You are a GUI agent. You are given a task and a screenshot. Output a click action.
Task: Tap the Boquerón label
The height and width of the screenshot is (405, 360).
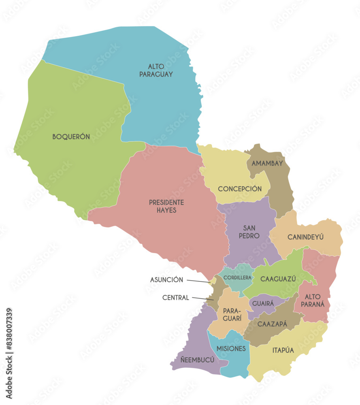click(x=71, y=137)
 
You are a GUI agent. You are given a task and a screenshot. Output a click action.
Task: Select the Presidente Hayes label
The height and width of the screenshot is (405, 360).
click(x=166, y=206)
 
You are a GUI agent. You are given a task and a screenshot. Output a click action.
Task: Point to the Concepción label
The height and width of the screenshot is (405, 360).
click(x=240, y=189)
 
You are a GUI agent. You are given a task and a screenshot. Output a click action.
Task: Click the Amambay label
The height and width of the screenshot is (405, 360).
click(x=267, y=164)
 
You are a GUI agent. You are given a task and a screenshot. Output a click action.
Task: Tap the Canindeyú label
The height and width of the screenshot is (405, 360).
click(x=305, y=237)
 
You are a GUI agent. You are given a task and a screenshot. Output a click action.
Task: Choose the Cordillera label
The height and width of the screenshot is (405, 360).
click(x=238, y=278)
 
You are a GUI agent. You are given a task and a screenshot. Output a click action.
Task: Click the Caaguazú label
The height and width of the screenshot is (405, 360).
click(x=278, y=279)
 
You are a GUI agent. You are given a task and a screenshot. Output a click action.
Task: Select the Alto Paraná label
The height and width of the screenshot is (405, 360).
click(x=315, y=300)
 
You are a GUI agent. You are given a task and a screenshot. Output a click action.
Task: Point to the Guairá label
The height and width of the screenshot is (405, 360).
click(x=263, y=303)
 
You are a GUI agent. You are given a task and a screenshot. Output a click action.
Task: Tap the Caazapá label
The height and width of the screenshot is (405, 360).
click(x=272, y=324)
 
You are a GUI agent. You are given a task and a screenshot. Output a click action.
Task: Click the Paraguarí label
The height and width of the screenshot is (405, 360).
click(x=230, y=315)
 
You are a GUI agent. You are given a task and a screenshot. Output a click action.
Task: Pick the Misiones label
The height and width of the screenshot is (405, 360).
click(x=231, y=349)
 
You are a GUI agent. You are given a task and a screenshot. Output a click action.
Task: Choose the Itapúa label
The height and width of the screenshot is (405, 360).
click(x=283, y=350)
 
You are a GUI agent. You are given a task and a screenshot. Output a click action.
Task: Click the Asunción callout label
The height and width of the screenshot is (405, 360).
click(x=166, y=280)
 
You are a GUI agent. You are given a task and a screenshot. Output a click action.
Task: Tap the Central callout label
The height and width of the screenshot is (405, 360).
click(x=176, y=298)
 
